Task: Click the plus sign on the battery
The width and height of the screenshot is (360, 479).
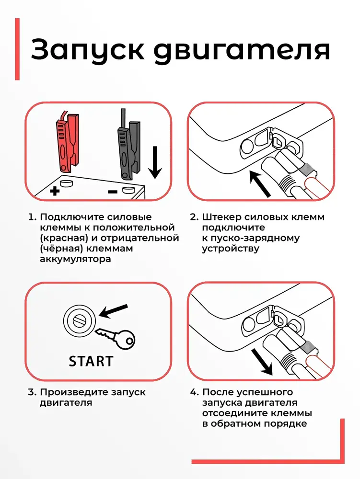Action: (x=55, y=191)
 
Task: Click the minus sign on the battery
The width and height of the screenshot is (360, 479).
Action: (x=113, y=192)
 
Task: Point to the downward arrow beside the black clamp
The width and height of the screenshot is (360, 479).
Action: (x=155, y=162)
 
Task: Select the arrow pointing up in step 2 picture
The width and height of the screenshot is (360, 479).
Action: (x=260, y=184)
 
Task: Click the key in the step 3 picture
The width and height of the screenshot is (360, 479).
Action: (x=116, y=338)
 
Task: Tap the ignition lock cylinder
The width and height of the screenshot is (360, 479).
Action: (x=80, y=320)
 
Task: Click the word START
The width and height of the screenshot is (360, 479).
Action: (x=91, y=361)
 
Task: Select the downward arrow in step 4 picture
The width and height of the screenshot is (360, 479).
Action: (x=261, y=362)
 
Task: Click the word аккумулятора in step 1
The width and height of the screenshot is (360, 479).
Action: (x=75, y=259)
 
